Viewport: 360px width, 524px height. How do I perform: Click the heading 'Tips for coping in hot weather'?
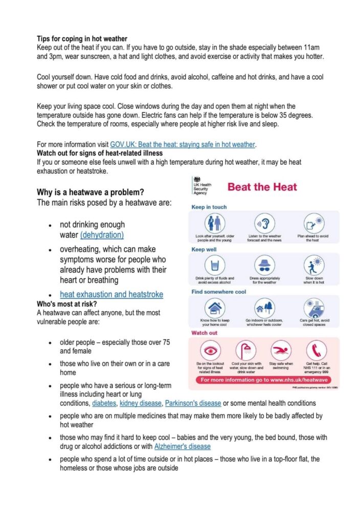coord(82,38)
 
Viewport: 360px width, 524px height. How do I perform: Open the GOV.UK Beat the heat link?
coord(183,144)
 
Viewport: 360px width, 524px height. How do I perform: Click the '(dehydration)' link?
coord(102,235)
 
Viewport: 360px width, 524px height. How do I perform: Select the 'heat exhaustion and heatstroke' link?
coord(111,294)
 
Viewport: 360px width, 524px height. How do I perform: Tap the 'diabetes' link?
coord(104,403)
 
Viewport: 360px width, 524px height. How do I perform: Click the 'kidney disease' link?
coord(140,403)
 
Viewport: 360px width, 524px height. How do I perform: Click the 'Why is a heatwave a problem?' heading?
coord(90,192)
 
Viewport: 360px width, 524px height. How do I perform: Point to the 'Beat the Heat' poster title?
coord(262,187)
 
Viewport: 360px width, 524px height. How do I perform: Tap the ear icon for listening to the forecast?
coord(265,223)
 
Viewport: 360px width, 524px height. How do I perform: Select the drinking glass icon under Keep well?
coord(215,265)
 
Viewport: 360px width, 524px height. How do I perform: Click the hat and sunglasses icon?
coord(265,265)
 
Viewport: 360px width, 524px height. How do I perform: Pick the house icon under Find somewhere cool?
coord(215,308)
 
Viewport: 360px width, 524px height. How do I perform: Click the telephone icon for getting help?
coord(317,351)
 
